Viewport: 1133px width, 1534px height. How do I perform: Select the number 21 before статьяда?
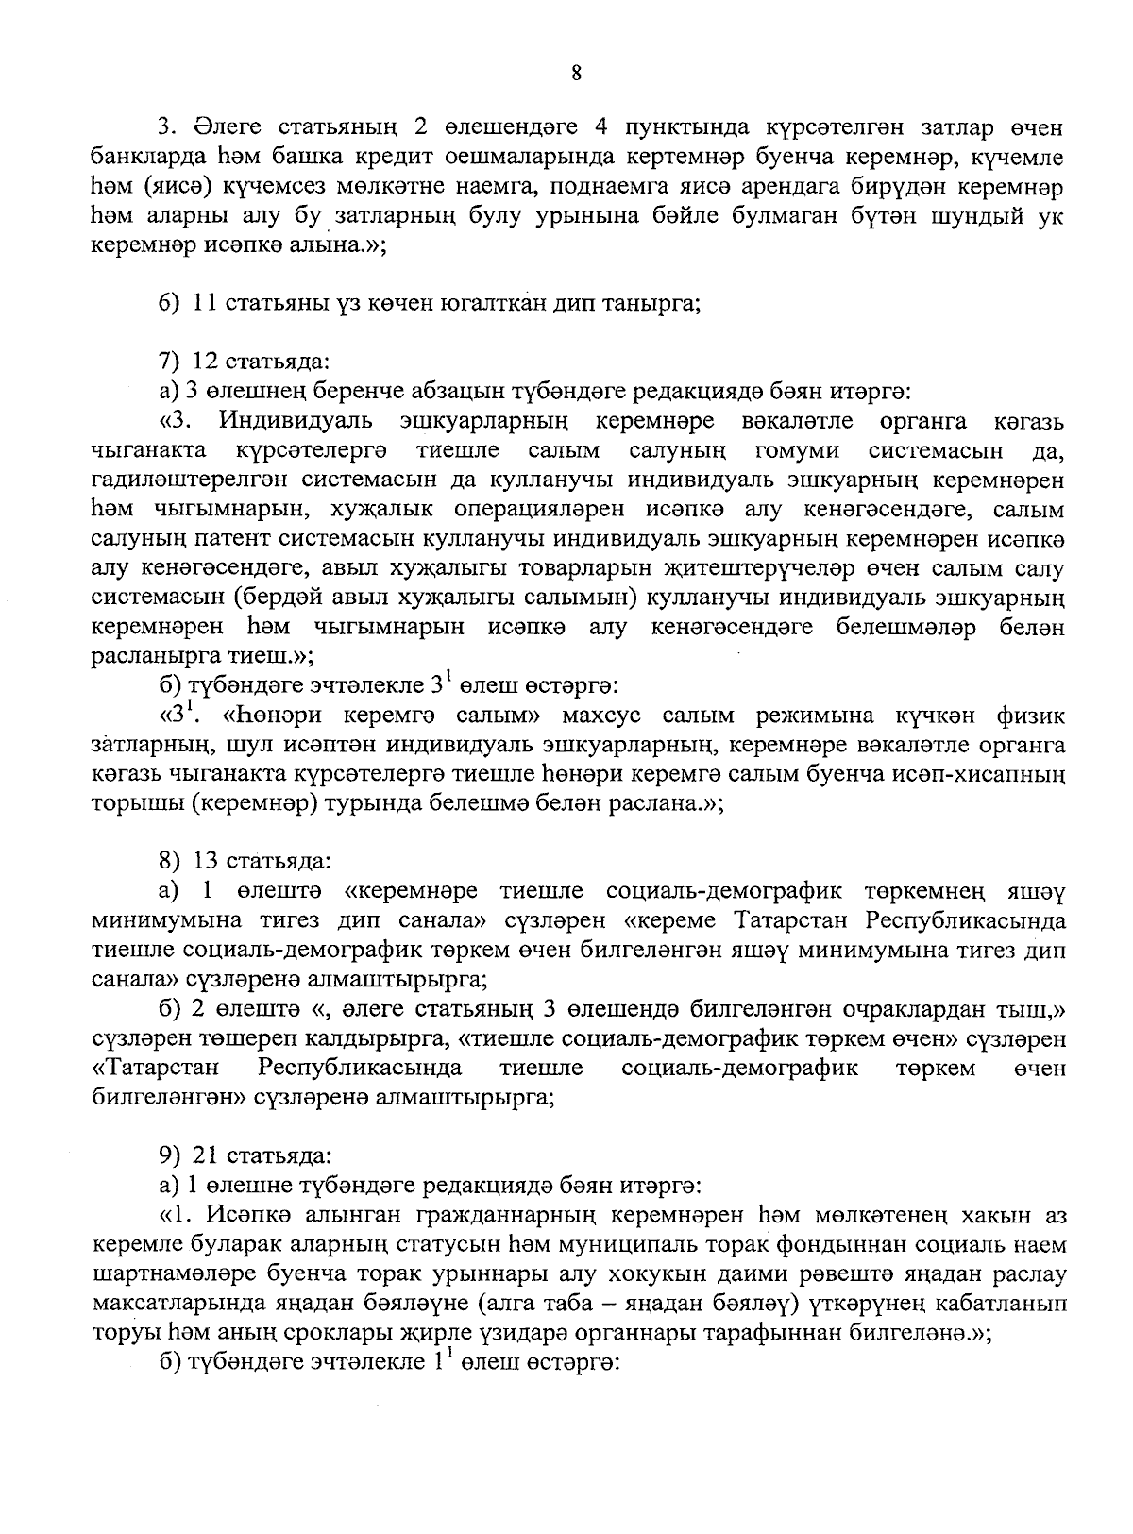(x=204, y=1155)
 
